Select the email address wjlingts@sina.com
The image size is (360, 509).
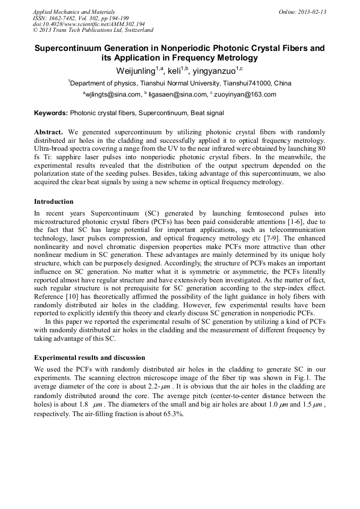tap(113, 95)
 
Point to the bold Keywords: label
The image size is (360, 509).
tap(51, 113)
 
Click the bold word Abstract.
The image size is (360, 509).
tap(48, 132)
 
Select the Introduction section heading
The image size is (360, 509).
tap(54, 202)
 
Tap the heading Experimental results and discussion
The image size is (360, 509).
tap(89, 358)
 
